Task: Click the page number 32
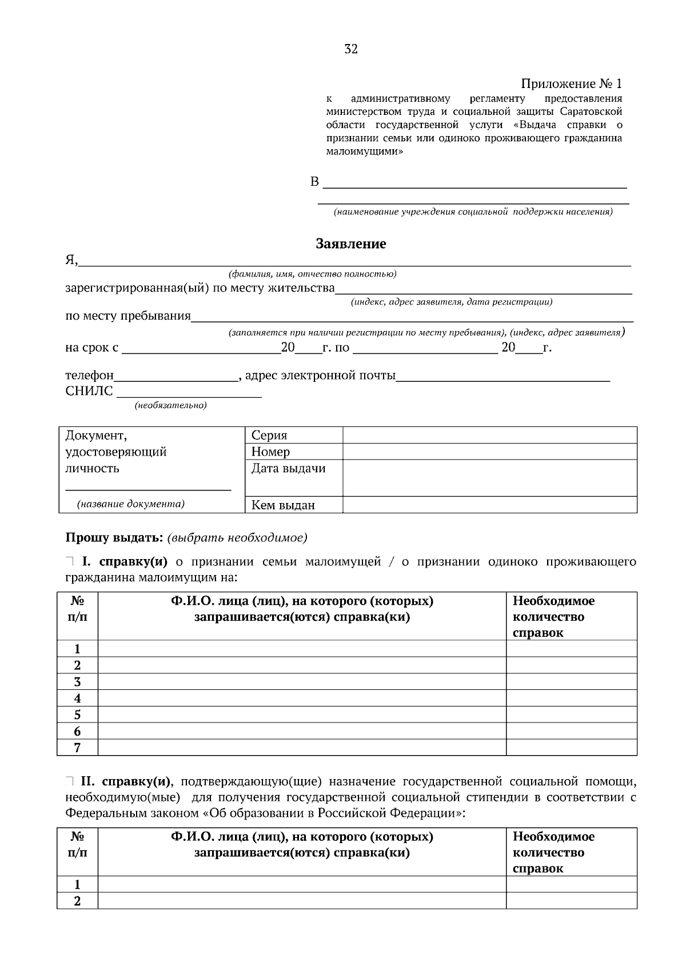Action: tap(351, 49)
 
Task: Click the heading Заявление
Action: tap(351, 244)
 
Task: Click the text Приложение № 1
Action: tap(571, 84)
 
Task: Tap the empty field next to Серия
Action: tap(489, 435)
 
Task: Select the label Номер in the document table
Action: tap(270, 452)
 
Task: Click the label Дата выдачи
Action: tap(288, 469)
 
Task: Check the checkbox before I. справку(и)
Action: tap(70, 561)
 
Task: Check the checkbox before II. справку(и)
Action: tap(70, 781)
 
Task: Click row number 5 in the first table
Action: tap(77, 714)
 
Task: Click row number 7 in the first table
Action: tap(77, 748)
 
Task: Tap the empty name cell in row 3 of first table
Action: tap(302, 681)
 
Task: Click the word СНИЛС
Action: tap(89, 392)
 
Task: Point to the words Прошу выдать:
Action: tap(114, 538)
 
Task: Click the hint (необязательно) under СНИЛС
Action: tap(170, 406)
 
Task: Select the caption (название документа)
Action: tap(131, 504)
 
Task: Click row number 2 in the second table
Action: tap(77, 901)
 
